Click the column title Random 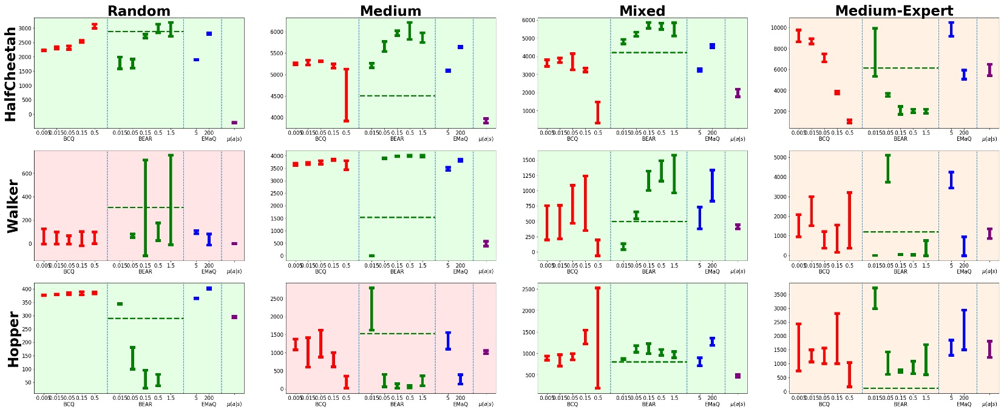[139, 10]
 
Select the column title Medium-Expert [894, 10]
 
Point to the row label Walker [13, 206]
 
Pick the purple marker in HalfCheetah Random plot [234, 123]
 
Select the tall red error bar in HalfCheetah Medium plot [346, 95]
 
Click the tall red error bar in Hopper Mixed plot [598, 337]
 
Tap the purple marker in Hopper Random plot [234, 317]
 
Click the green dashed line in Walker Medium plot [397, 217]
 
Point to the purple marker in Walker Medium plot [486, 243]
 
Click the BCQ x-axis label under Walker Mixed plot [572, 272]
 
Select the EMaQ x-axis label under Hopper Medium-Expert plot [964, 404]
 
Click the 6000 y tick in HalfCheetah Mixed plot [527, 20]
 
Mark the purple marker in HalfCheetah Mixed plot [738, 93]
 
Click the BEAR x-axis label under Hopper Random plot [145, 404]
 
